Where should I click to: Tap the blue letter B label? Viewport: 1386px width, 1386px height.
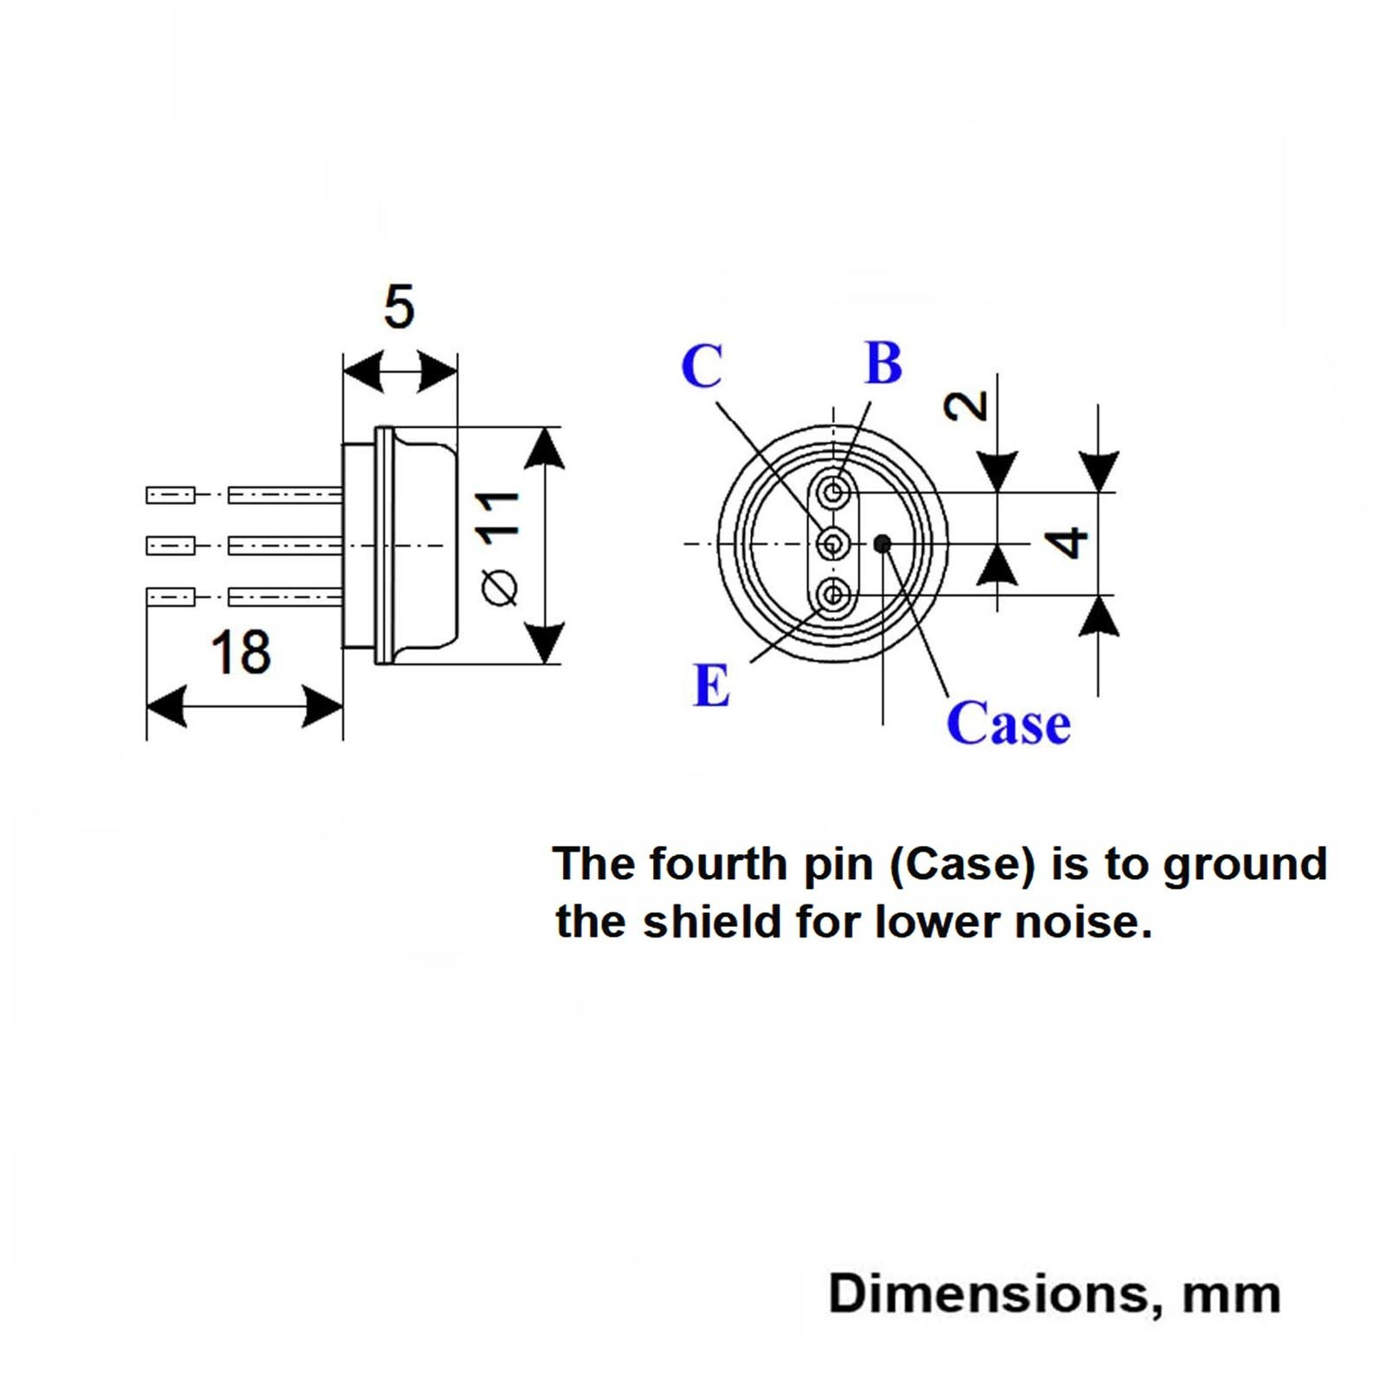884,363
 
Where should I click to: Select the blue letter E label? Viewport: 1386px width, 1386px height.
711,686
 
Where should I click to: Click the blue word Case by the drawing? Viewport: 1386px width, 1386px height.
1008,723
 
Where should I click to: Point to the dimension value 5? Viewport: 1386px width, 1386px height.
399,307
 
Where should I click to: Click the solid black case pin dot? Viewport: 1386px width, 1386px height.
882,544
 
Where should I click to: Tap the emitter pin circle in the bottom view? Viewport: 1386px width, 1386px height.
833,594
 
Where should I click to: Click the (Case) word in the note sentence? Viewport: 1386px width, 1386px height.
962,865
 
